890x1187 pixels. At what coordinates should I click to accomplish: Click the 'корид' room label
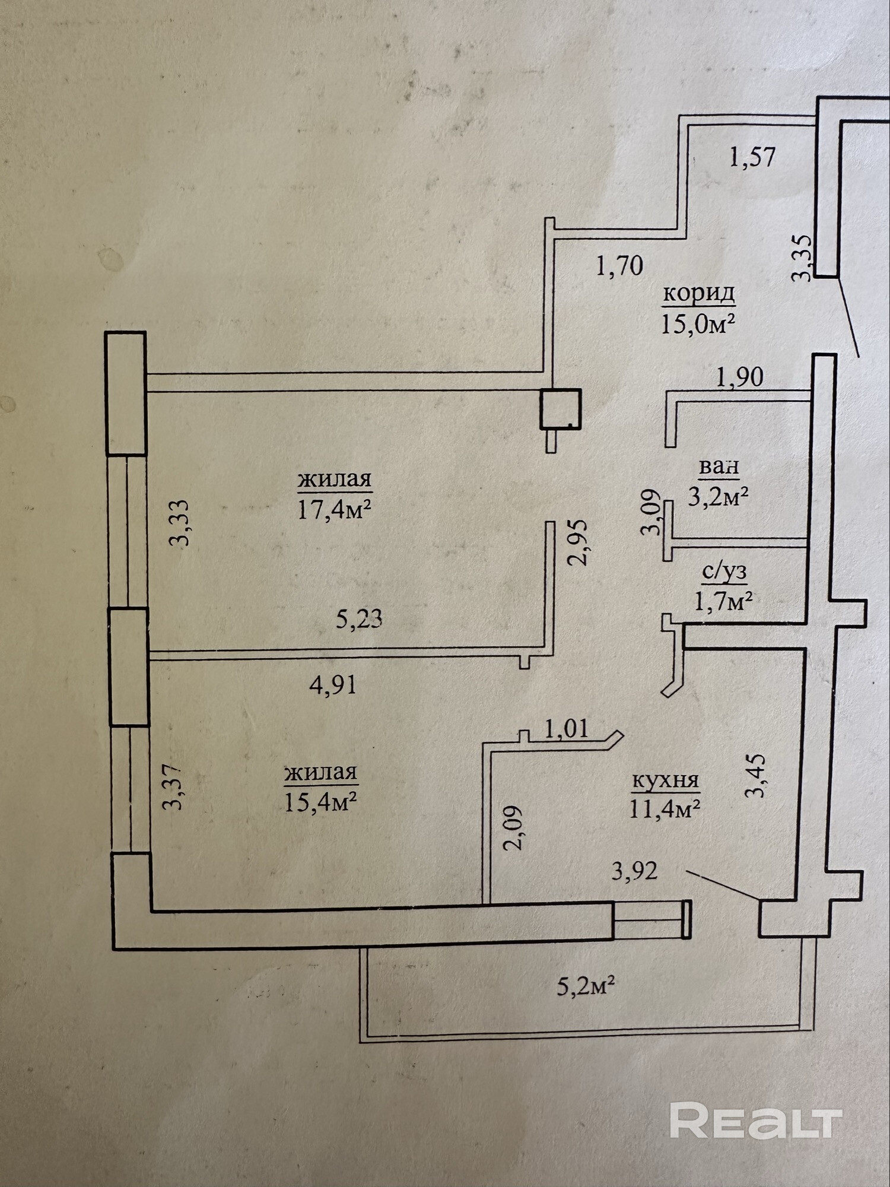pos(699,293)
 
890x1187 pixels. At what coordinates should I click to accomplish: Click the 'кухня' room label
pos(665,780)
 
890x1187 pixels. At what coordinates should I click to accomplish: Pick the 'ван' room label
pos(719,466)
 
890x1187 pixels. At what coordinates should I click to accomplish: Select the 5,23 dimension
pos(359,620)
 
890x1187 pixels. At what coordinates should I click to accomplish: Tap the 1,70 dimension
pos(619,266)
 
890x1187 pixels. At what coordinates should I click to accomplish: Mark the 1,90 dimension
pos(739,377)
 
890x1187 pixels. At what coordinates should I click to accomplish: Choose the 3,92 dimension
pos(634,871)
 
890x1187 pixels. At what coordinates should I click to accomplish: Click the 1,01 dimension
pos(566,729)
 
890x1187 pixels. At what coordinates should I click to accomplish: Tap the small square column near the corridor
pos(560,408)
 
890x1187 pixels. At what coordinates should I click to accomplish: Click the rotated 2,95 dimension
pos(577,542)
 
